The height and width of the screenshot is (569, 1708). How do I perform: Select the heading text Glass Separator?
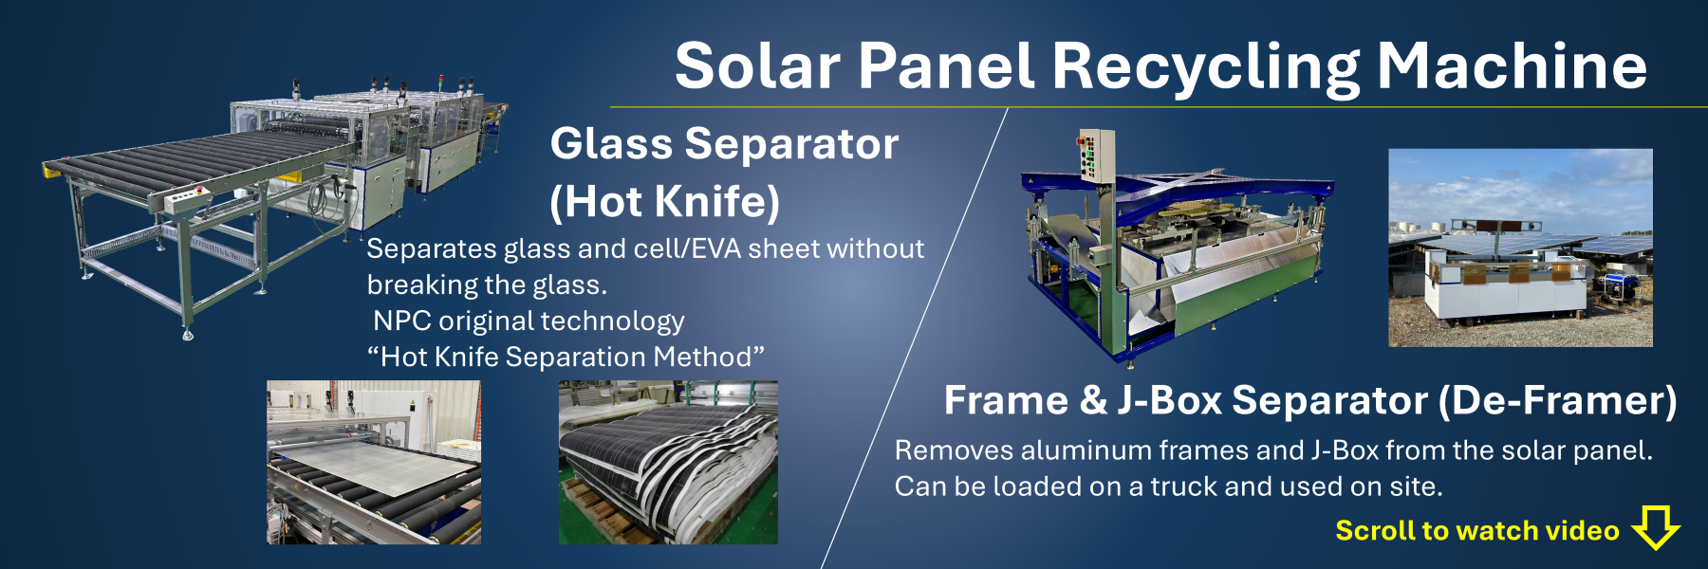[724, 144]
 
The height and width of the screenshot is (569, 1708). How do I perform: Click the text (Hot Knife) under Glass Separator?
[664, 201]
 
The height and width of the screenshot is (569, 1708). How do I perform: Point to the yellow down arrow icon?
[1656, 527]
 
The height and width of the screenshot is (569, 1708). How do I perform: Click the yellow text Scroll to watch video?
[1476, 530]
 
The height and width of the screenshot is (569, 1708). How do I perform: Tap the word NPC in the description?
[402, 321]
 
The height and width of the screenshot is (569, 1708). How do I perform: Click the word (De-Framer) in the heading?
[1557, 400]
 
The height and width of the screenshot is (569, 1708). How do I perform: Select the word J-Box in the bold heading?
[1169, 400]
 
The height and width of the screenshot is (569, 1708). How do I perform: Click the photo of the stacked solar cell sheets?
[668, 463]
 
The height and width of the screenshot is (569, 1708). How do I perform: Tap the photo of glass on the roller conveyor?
[374, 463]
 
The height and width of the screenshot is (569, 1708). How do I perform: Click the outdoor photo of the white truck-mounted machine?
[1520, 248]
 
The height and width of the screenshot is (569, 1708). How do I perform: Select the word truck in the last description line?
[1183, 486]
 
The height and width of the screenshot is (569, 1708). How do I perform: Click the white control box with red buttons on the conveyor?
[186, 199]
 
